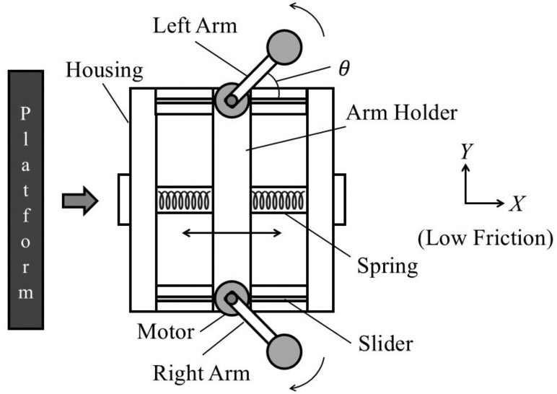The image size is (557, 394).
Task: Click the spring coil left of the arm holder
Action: [x=185, y=200]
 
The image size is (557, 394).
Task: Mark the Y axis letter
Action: [x=466, y=150]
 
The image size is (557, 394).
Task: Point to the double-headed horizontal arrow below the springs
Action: [x=232, y=232]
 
